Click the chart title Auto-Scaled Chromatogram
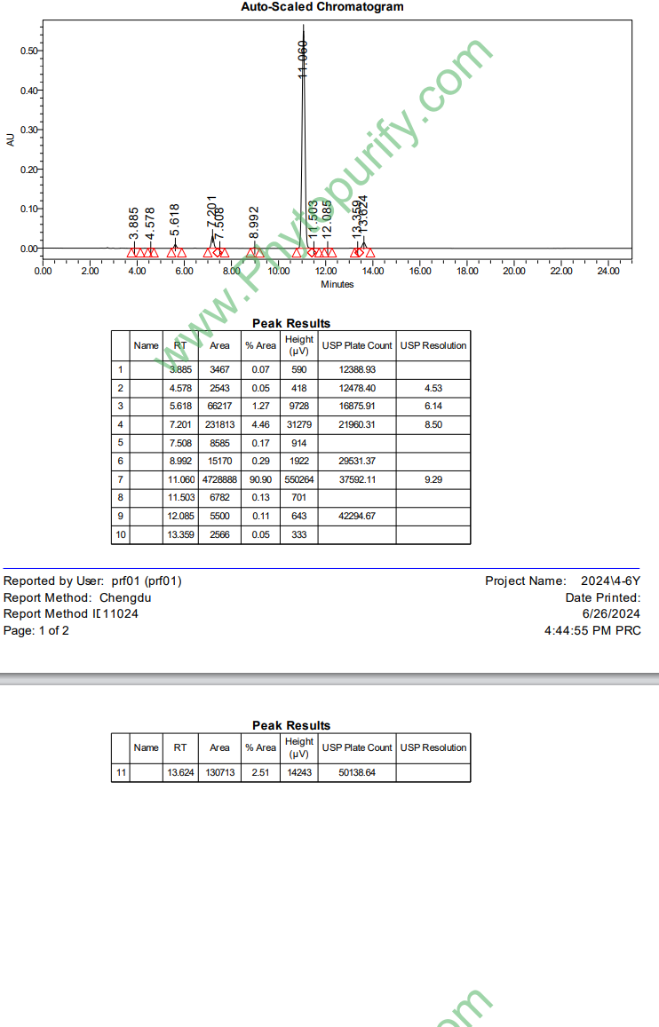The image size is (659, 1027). (322, 7)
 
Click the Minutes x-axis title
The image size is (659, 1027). (337, 284)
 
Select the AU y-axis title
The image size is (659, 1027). (11, 139)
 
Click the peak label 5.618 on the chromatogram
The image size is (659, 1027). (175, 220)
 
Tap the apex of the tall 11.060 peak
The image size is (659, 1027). (303, 27)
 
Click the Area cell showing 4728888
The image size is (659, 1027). (219, 479)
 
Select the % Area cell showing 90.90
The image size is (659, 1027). (260, 479)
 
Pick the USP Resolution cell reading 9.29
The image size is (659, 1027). (433, 479)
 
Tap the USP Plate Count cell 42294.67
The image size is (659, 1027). (357, 516)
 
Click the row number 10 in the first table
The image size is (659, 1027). (120, 534)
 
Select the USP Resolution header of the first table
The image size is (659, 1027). (433, 345)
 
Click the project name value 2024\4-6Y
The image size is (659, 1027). (610, 581)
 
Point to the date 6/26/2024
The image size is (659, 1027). (611, 613)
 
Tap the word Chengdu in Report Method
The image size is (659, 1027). (125, 597)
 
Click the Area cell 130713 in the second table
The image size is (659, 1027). (219, 773)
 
